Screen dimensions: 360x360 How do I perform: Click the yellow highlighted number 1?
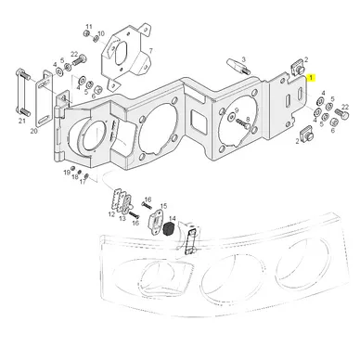point(311,77)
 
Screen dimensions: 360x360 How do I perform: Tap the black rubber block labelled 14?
point(169,229)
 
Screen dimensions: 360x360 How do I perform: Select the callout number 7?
point(151,50)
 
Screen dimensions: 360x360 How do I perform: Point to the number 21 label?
point(21,121)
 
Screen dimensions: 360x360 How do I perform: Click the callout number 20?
point(33,131)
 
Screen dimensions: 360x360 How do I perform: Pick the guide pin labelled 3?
point(237,66)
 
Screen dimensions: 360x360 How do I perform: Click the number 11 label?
point(89,26)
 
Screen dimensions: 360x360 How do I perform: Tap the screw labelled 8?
point(243,123)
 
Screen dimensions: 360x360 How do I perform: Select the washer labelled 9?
point(232,117)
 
